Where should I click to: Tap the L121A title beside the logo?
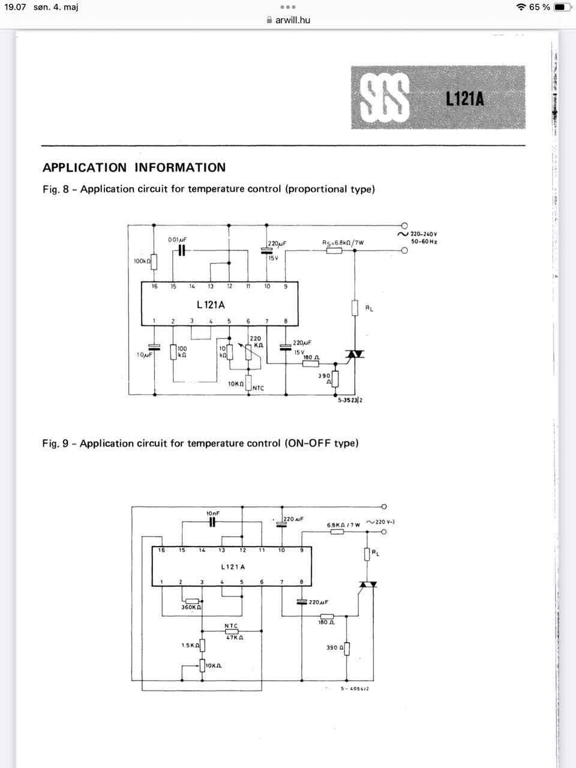(x=464, y=98)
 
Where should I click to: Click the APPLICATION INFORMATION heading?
(x=134, y=167)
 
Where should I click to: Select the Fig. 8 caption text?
(x=208, y=189)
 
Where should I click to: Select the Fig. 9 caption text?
(x=200, y=443)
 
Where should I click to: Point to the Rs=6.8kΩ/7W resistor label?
(x=343, y=242)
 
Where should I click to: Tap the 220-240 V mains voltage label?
(x=424, y=234)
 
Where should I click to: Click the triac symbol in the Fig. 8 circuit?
(x=355, y=354)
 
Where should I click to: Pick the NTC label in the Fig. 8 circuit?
(x=258, y=388)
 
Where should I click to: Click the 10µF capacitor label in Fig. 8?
(x=144, y=355)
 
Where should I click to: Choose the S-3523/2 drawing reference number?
(x=350, y=400)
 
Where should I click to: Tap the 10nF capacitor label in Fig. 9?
(x=213, y=513)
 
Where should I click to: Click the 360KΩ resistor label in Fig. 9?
(x=191, y=607)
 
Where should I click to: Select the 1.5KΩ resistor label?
(x=190, y=646)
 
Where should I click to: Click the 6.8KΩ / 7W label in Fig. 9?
(x=343, y=525)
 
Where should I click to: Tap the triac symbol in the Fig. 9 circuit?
(x=368, y=584)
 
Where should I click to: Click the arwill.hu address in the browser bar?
(x=293, y=20)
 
